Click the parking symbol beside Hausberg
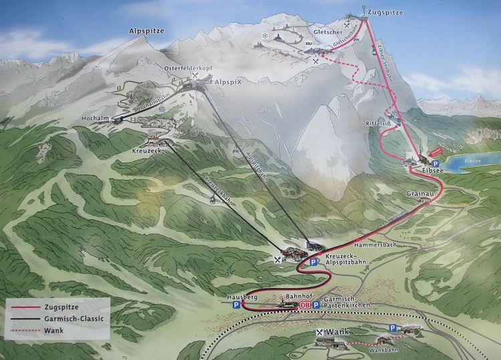[x=236, y=305]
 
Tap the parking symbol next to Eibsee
[x=436, y=163]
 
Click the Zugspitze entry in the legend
[x=67, y=308]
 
